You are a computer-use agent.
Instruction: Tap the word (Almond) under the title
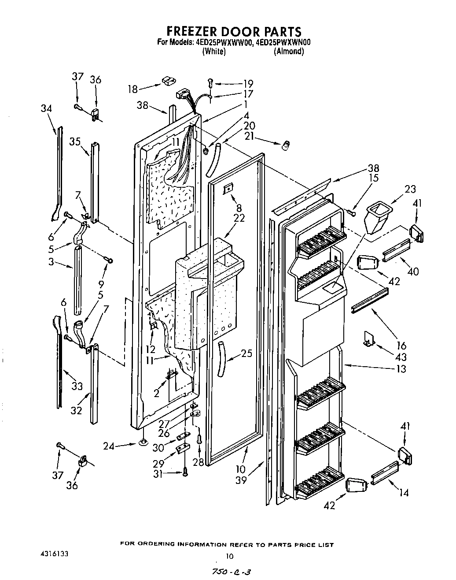point(288,51)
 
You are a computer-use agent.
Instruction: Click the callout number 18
point(132,89)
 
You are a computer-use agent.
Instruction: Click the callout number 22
point(239,218)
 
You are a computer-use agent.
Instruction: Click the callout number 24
point(109,446)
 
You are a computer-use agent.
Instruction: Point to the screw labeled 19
point(210,82)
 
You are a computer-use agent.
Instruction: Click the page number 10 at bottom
point(228,556)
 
